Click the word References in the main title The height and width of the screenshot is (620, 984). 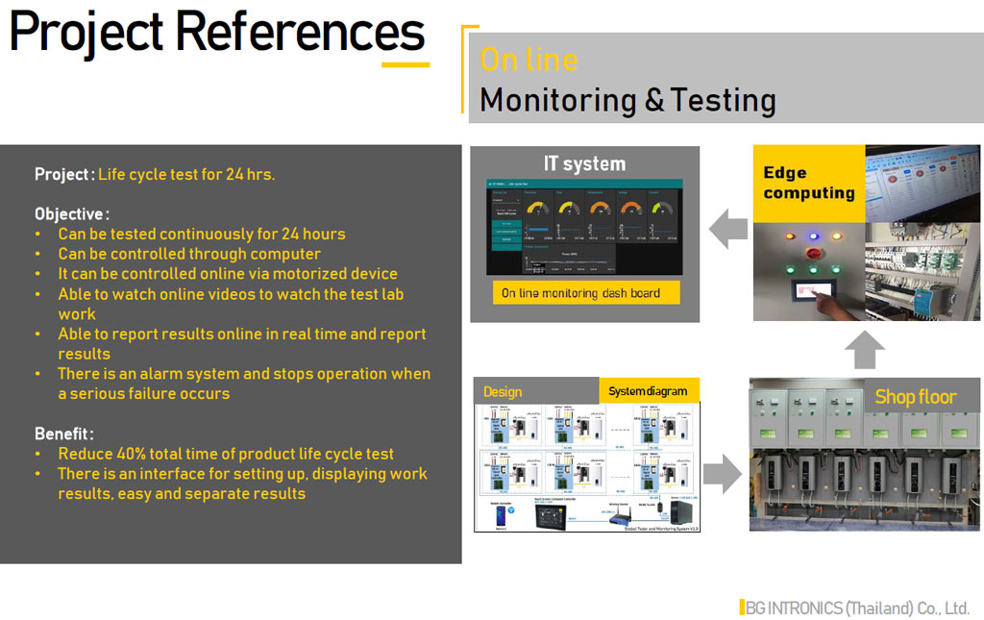pos(300,33)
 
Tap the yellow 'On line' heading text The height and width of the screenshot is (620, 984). pos(529,60)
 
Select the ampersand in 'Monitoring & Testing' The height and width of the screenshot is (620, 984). pos(654,101)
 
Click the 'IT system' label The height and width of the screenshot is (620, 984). pos(584,163)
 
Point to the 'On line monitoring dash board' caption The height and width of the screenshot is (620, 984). pos(580,292)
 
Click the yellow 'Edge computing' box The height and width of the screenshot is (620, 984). pos(808,183)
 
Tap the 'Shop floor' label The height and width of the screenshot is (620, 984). pos(915,396)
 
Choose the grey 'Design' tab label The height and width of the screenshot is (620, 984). pos(503,391)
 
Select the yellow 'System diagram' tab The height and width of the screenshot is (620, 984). pos(648,391)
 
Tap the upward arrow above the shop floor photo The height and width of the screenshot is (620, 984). pos(865,350)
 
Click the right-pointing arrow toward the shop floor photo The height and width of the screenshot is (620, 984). pos(723,474)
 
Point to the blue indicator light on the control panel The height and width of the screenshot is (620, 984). pos(812,236)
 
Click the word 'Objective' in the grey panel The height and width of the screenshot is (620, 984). pos(70,213)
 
